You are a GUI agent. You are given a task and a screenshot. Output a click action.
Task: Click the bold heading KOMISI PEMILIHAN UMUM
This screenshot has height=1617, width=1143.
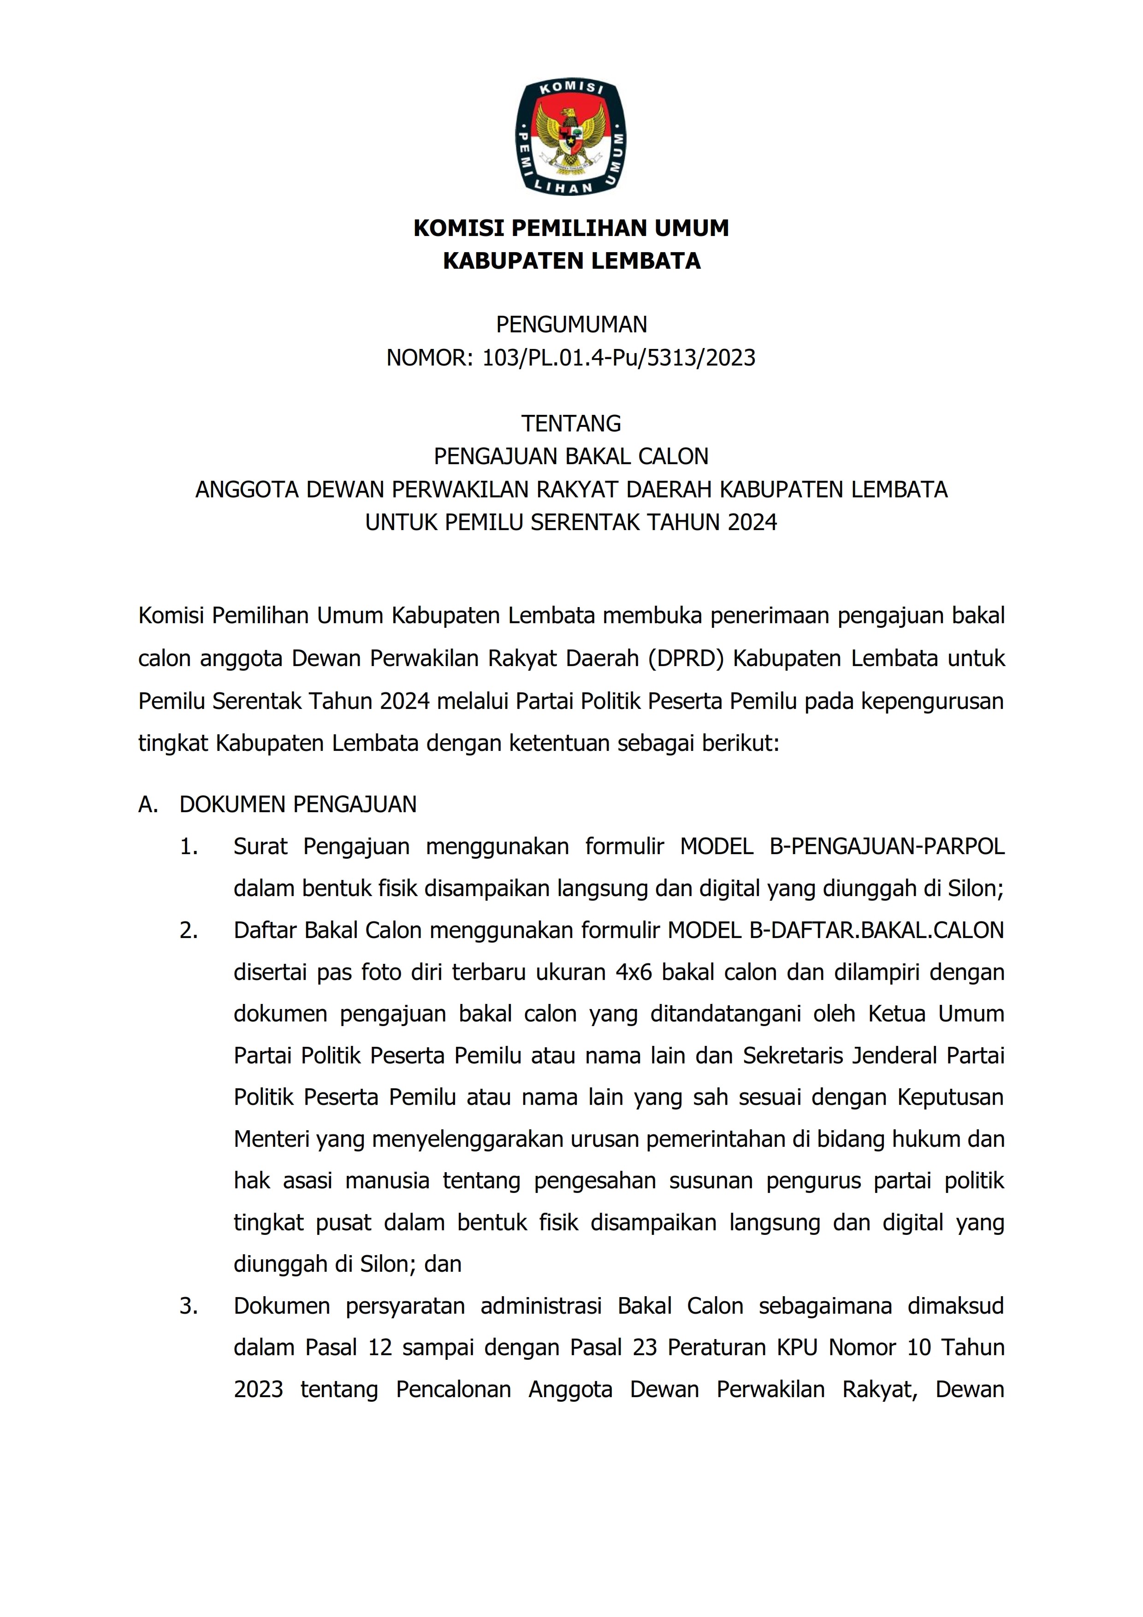(571, 228)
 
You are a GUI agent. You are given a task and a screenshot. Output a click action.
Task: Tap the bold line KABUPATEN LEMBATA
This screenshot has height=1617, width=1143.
(571, 261)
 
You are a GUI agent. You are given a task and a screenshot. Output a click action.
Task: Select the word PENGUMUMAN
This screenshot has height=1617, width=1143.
(571, 325)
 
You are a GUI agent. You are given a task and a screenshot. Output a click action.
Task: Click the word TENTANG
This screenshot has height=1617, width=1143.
(571, 423)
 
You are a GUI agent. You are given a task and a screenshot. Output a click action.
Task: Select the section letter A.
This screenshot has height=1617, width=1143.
(147, 804)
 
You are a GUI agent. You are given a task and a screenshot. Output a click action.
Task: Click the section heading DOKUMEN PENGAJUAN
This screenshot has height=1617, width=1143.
(298, 804)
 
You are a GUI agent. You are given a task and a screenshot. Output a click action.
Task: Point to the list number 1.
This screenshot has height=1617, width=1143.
(188, 847)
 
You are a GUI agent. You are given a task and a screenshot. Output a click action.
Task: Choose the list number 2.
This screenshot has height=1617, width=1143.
(188, 930)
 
